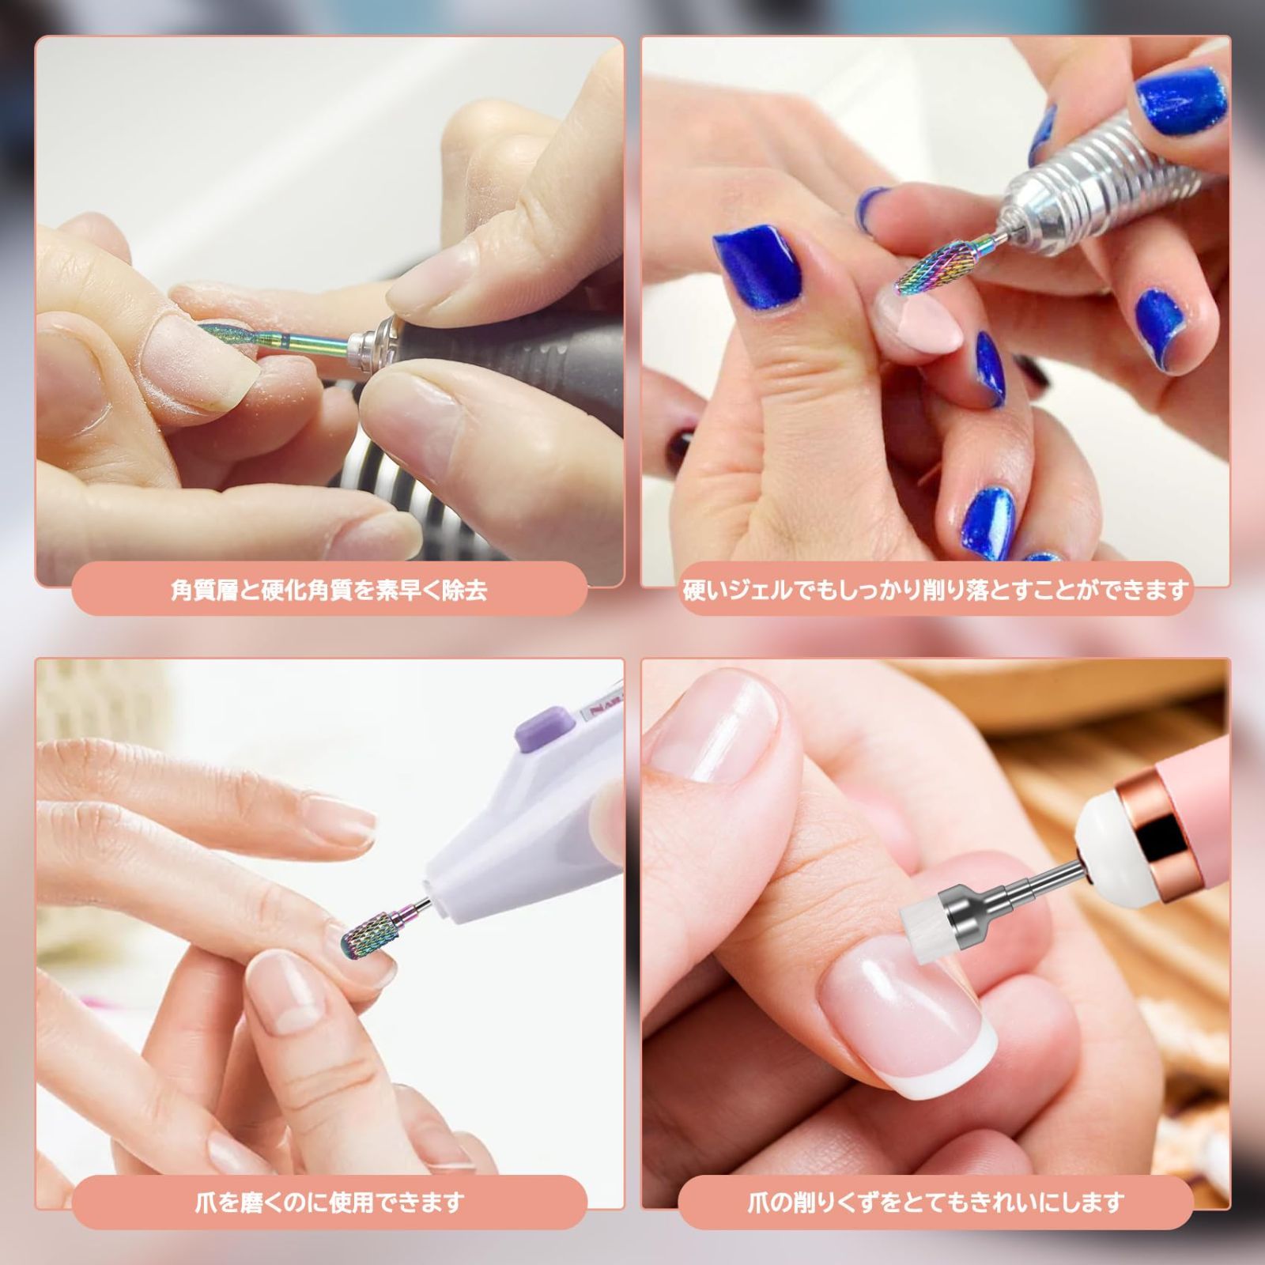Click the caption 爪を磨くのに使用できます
pos(329,1203)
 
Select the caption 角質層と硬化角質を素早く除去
pos(329,590)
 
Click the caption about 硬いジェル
pos(935,590)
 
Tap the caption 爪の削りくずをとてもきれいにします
pos(935,1203)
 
